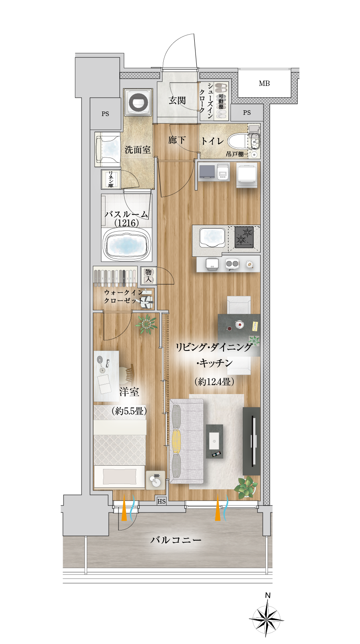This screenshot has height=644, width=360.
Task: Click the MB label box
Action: coord(265,83)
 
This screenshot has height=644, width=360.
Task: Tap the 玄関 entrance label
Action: coord(177,100)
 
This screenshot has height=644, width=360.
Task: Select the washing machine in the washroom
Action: coord(138,102)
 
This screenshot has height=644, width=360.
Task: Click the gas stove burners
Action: coord(244,237)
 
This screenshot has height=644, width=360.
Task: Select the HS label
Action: coord(162,501)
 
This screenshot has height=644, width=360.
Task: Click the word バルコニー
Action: coord(176,540)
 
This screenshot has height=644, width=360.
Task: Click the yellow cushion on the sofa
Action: coord(176,439)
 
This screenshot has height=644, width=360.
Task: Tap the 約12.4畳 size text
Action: coord(214,381)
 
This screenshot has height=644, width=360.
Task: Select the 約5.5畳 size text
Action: coord(129,411)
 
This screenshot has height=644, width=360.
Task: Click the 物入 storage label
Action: coord(148,276)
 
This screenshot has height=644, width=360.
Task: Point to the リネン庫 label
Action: coord(110,179)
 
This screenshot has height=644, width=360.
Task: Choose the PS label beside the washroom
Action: coord(105,114)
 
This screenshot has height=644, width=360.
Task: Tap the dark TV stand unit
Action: coord(251,441)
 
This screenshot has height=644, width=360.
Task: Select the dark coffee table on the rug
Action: coord(215,441)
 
